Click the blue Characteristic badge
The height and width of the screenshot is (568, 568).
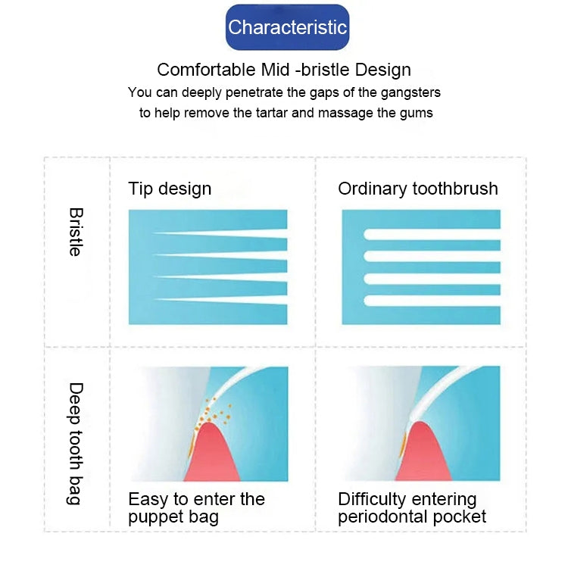[x=287, y=28]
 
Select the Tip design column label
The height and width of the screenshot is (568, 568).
[x=170, y=189]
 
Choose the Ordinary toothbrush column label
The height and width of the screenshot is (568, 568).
[x=418, y=189]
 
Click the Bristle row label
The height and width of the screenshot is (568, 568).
[x=76, y=232]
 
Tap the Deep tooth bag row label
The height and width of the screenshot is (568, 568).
[x=76, y=444]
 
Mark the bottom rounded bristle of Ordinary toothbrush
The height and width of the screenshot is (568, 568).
[x=432, y=301]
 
